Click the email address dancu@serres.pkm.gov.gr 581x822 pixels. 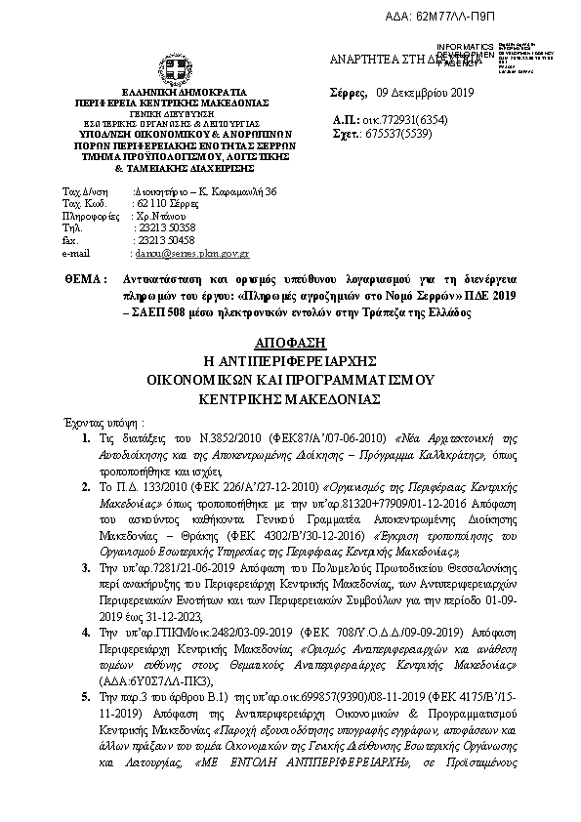[191, 253]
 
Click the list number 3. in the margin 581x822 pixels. [89, 528]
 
